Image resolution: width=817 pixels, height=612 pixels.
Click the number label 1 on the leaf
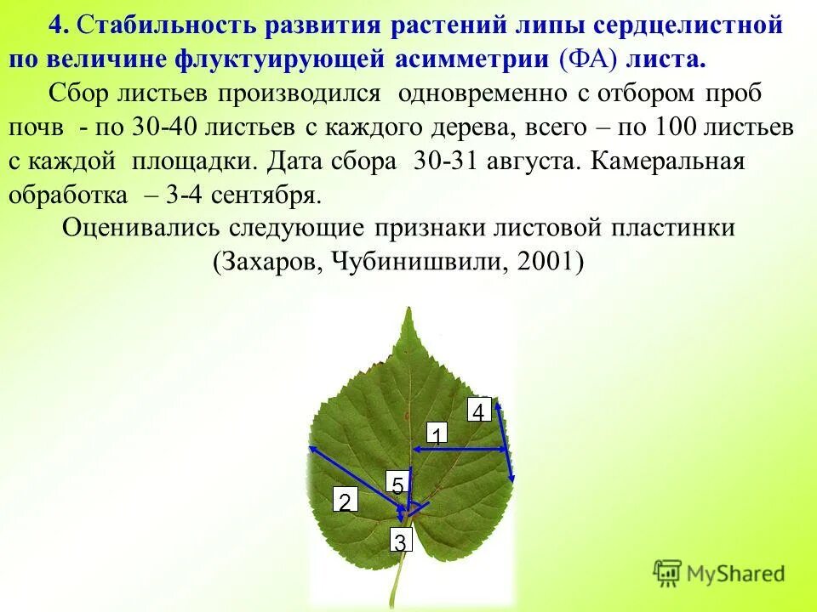(x=436, y=434)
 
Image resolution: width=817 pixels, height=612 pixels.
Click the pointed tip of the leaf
(x=410, y=313)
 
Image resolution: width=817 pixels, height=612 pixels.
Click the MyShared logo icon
(x=668, y=574)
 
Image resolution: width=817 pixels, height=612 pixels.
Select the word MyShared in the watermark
(x=737, y=575)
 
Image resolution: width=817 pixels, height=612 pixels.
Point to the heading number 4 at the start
(x=56, y=25)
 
